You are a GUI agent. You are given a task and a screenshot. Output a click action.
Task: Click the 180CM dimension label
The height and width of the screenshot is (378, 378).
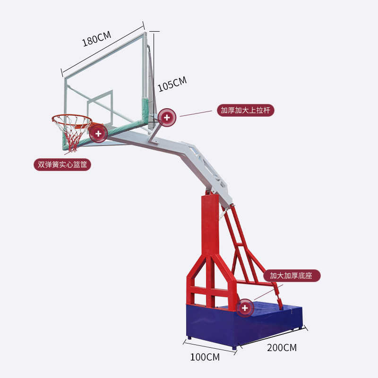coord(96,39)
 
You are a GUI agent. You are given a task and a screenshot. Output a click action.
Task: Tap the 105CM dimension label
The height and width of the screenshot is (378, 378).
coord(172,84)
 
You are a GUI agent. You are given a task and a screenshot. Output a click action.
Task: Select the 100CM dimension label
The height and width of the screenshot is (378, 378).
coord(205,357)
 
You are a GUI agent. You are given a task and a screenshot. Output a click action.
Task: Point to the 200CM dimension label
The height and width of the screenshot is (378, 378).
coord(282,348)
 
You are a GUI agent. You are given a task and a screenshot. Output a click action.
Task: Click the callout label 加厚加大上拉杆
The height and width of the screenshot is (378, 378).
coord(246,110)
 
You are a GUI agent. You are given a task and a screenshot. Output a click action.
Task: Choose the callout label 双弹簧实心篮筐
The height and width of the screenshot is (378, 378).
coord(62,164)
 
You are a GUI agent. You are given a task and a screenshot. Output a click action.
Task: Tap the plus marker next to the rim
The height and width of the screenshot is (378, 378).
coord(98,134)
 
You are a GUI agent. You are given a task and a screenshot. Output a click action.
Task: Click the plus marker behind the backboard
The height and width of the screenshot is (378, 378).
coord(167,117)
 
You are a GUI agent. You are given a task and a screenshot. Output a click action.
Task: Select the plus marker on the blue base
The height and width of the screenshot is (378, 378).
coord(245,308)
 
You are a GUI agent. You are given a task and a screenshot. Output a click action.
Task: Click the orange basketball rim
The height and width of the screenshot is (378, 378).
coord(71,118)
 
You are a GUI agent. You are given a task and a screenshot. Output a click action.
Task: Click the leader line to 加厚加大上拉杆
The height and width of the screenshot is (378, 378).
coord(196,113)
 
